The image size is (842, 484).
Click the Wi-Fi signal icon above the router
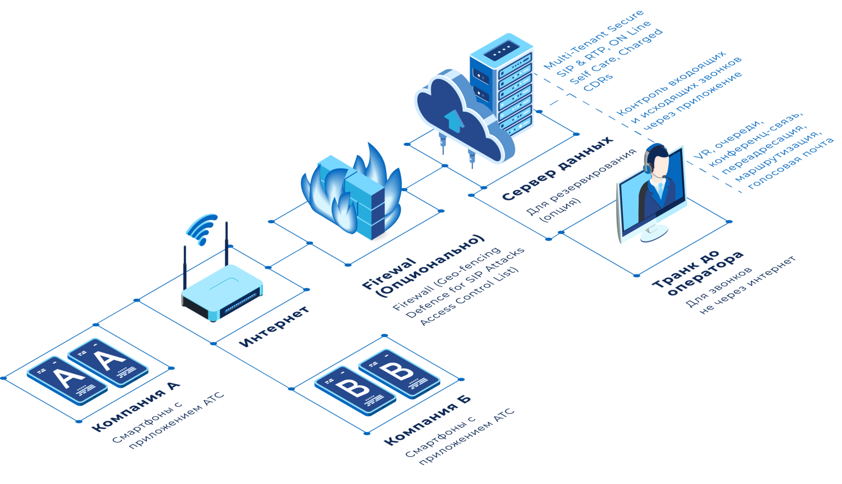pyautogui.click(x=202, y=229)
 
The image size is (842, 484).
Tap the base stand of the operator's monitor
pyautogui.click(x=654, y=233)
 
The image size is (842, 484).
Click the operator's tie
pyautogui.click(x=661, y=189)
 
